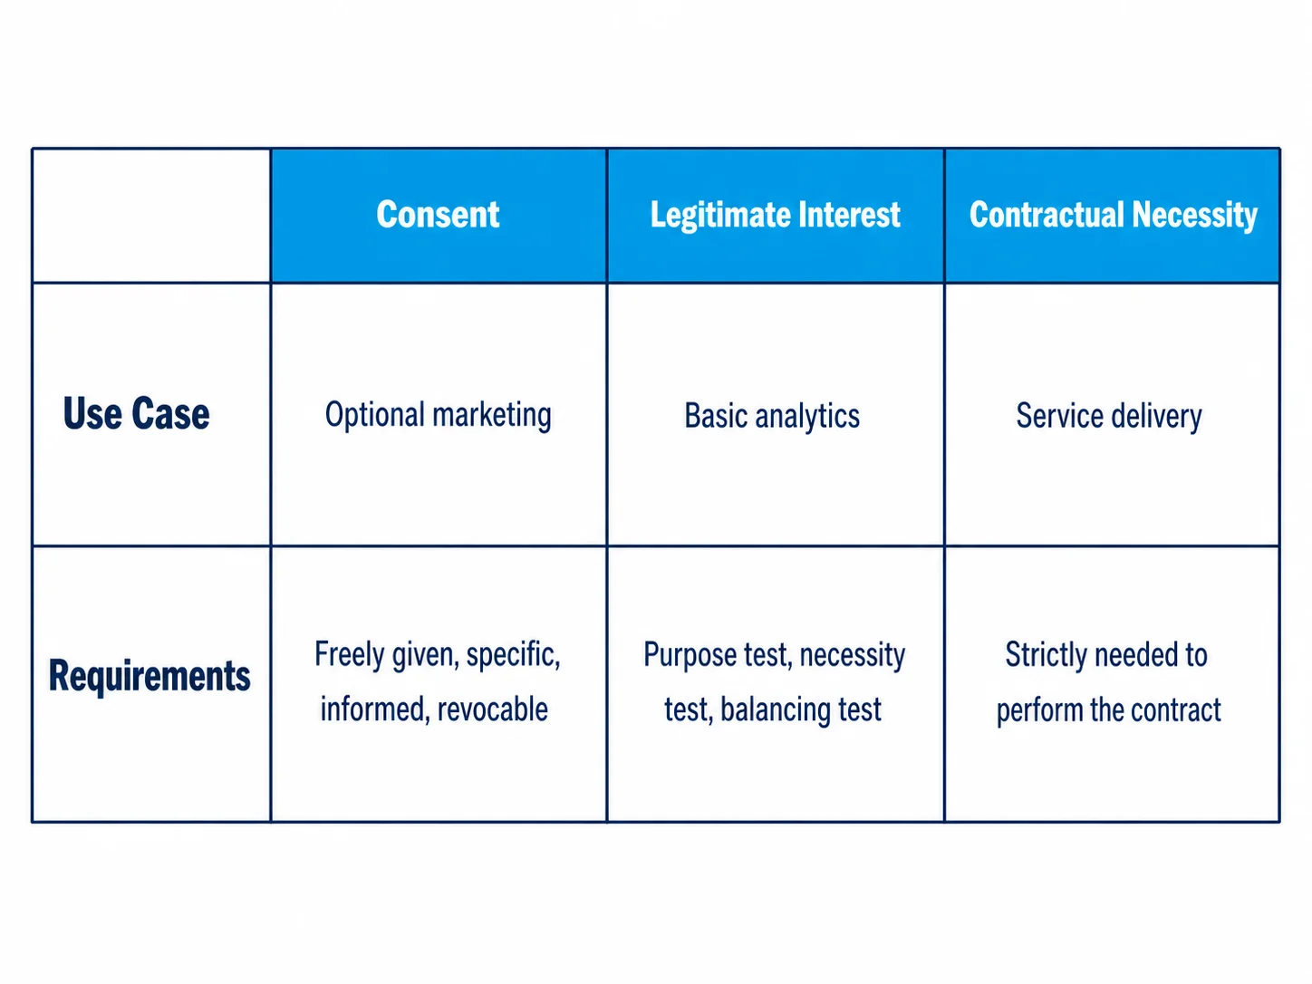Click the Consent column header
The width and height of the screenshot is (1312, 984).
[438, 215]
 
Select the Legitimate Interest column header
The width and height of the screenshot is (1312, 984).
[776, 215]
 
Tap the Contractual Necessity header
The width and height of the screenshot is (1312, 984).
[1113, 215]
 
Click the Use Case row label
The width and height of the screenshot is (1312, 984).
[136, 413]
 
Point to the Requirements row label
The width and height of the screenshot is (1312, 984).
[150, 676]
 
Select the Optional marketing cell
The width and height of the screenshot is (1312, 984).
[439, 415]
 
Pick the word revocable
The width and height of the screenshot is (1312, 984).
[493, 709]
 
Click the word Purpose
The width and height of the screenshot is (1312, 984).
[689, 655]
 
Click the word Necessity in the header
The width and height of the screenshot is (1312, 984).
[1194, 216]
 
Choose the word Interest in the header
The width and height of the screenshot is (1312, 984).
[849, 215]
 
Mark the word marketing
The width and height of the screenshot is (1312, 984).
[492, 416]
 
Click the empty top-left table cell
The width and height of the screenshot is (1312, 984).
[151, 216]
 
